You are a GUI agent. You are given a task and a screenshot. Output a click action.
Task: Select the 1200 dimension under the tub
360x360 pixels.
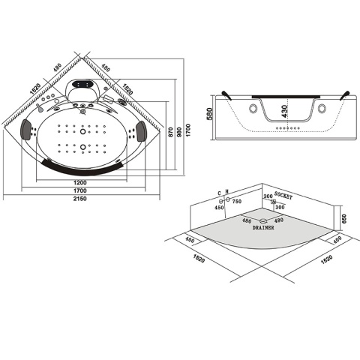coord(81,182)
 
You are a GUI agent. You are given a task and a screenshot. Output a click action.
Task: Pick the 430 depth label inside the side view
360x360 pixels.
coord(283,112)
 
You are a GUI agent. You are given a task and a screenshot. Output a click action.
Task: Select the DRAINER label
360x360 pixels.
coord(264,228)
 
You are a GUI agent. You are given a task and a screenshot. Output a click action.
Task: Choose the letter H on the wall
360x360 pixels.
coord(227,193)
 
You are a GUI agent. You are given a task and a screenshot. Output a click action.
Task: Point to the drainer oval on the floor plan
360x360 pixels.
coord(262,220)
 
